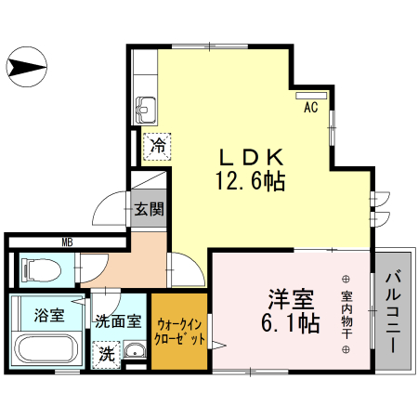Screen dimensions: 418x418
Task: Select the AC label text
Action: pos(310,108)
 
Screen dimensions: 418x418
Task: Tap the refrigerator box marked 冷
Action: pos(158,145)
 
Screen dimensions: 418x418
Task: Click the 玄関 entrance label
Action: pos(148,208)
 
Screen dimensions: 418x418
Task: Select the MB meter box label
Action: pos(67,243)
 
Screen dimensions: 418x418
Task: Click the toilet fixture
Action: pos(38,270)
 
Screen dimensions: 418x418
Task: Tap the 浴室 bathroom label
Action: pos(49,313)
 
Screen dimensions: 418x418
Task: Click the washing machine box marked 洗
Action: pos(108,354)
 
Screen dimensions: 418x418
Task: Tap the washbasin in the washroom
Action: pos(135,352)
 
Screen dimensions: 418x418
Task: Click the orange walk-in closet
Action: pos(180,333)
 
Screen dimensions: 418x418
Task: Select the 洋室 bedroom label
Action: pos(290,299)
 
